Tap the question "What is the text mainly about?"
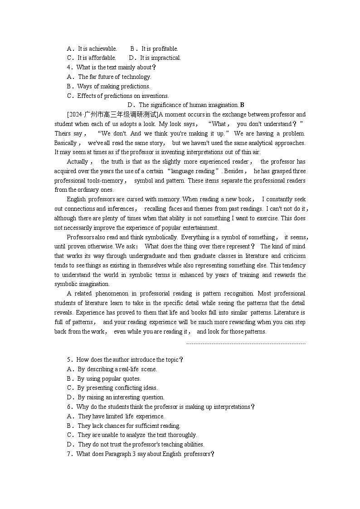(x=116, y=68)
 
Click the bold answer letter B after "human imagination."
(x=242, y=105)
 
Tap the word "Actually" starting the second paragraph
(x=78, y=162)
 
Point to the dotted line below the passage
(x=246, y=344)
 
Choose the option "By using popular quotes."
(x=109, y=378)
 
